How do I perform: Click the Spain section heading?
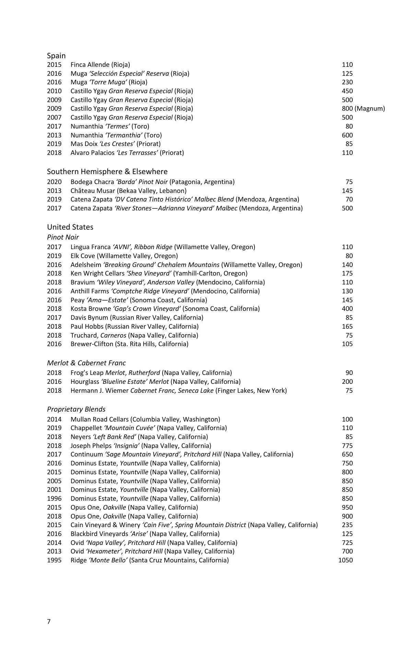click(x=56, y=56)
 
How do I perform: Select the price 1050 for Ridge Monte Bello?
click(x=345, y=560)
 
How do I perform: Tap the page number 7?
click(x=49, y=622)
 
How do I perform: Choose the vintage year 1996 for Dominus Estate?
click(x=54, y=498)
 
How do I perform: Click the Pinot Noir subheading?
click(x=63, y=237)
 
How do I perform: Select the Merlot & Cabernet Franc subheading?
click(x=86, y=363)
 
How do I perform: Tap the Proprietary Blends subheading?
click(x=76, y=409)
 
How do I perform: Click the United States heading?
click(x=70, y=227)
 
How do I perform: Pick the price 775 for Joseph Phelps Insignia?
click(x=347, y=446)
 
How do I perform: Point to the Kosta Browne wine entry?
click(x=165, y=308)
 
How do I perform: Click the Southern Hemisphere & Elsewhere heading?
click(x=107, y=171)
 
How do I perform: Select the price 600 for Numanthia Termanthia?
click(x=347, y=135)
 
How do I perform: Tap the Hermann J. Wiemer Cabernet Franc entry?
click(x=178, y=390)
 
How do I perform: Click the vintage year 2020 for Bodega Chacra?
click(x=54, y=182)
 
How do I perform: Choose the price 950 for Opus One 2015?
click(x=347, y=507)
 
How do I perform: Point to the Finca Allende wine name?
click(x=100, y=64)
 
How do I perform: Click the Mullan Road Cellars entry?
click(x=145, y=419)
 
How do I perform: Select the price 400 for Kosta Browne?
click(x=347, y=308)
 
